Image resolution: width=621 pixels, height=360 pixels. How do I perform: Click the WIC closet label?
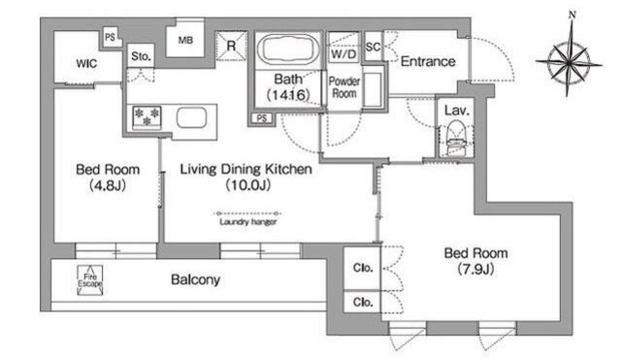click(86, 63)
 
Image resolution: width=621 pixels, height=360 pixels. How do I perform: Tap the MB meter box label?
click(185, 40)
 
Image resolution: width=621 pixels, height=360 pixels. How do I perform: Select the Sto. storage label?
click(141, 56)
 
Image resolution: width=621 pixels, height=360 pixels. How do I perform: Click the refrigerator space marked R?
click(231, 46)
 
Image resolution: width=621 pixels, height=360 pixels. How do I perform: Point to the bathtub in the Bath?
click(288, 49)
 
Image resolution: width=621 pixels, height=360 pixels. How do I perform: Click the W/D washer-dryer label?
click(343, 54)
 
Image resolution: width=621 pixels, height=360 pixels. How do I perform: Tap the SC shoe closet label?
click(373, 48)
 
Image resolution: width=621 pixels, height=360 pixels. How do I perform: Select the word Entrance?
click(428, 61)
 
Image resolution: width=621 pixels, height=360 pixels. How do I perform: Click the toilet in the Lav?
click(456, 137)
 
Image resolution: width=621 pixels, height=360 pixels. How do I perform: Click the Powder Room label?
click(344, 87)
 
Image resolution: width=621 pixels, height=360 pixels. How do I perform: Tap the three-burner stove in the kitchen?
click(147, 117)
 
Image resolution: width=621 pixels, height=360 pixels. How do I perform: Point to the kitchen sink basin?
click(191, 117)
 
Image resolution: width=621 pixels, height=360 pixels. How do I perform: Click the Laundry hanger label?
click(248, 222)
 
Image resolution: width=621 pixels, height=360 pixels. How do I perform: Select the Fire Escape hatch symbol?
click(90, 280)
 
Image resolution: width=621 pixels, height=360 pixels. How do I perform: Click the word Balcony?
click(195, 279)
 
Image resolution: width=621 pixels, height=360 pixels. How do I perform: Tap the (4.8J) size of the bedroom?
click(108, 185)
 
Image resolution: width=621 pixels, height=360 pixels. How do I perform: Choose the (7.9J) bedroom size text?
click(475, 270)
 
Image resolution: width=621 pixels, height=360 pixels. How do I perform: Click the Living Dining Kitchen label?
click(245, 169)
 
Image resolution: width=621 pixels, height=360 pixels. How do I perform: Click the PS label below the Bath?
click(261, 118)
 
